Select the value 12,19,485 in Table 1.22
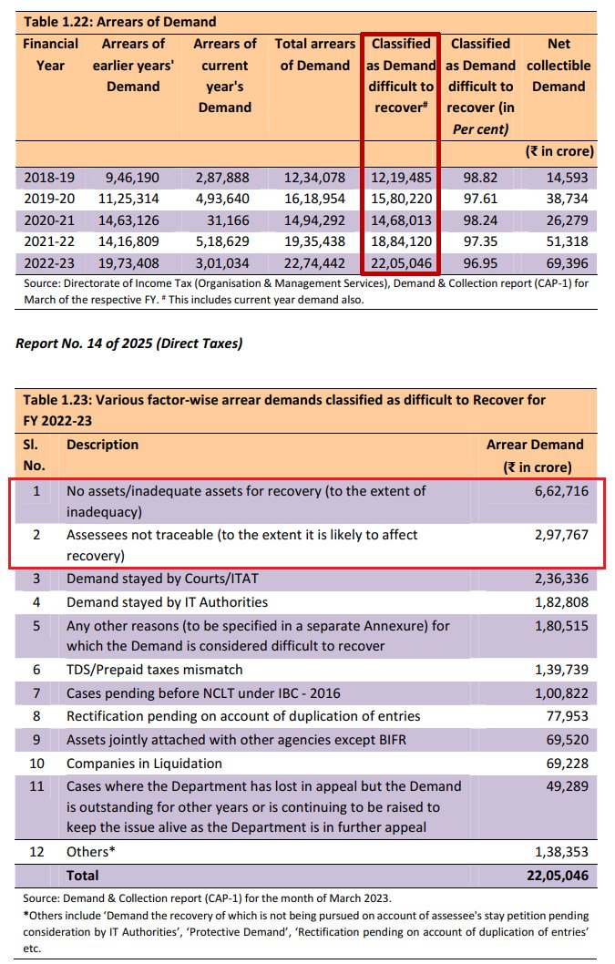[401, 177]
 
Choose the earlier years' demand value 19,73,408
[133, 264]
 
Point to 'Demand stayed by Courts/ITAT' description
[156, 579]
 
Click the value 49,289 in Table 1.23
[565, 785]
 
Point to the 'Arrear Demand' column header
[536, 445]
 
